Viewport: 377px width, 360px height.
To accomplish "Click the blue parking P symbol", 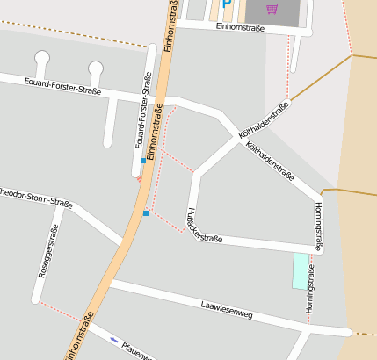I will (x=227, y=4).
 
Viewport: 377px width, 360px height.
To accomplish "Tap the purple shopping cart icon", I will (x=272, y=9).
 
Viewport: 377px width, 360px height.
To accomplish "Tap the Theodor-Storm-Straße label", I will (x=35, y=197).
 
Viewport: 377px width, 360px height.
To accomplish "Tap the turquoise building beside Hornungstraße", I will (x=301, y=270).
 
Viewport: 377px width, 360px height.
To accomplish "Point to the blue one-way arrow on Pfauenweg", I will (x=113, y=339).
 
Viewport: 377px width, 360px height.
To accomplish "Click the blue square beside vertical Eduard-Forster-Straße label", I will (x=143, y=161).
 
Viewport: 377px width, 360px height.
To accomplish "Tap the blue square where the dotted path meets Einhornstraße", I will (x=146, y=212).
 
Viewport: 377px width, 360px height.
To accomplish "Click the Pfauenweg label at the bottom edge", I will (x=139, y=351).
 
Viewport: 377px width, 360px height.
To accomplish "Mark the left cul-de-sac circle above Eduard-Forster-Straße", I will (x=42, y=58).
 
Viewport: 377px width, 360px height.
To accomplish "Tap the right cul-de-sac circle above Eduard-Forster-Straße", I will (x=96, y=68).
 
